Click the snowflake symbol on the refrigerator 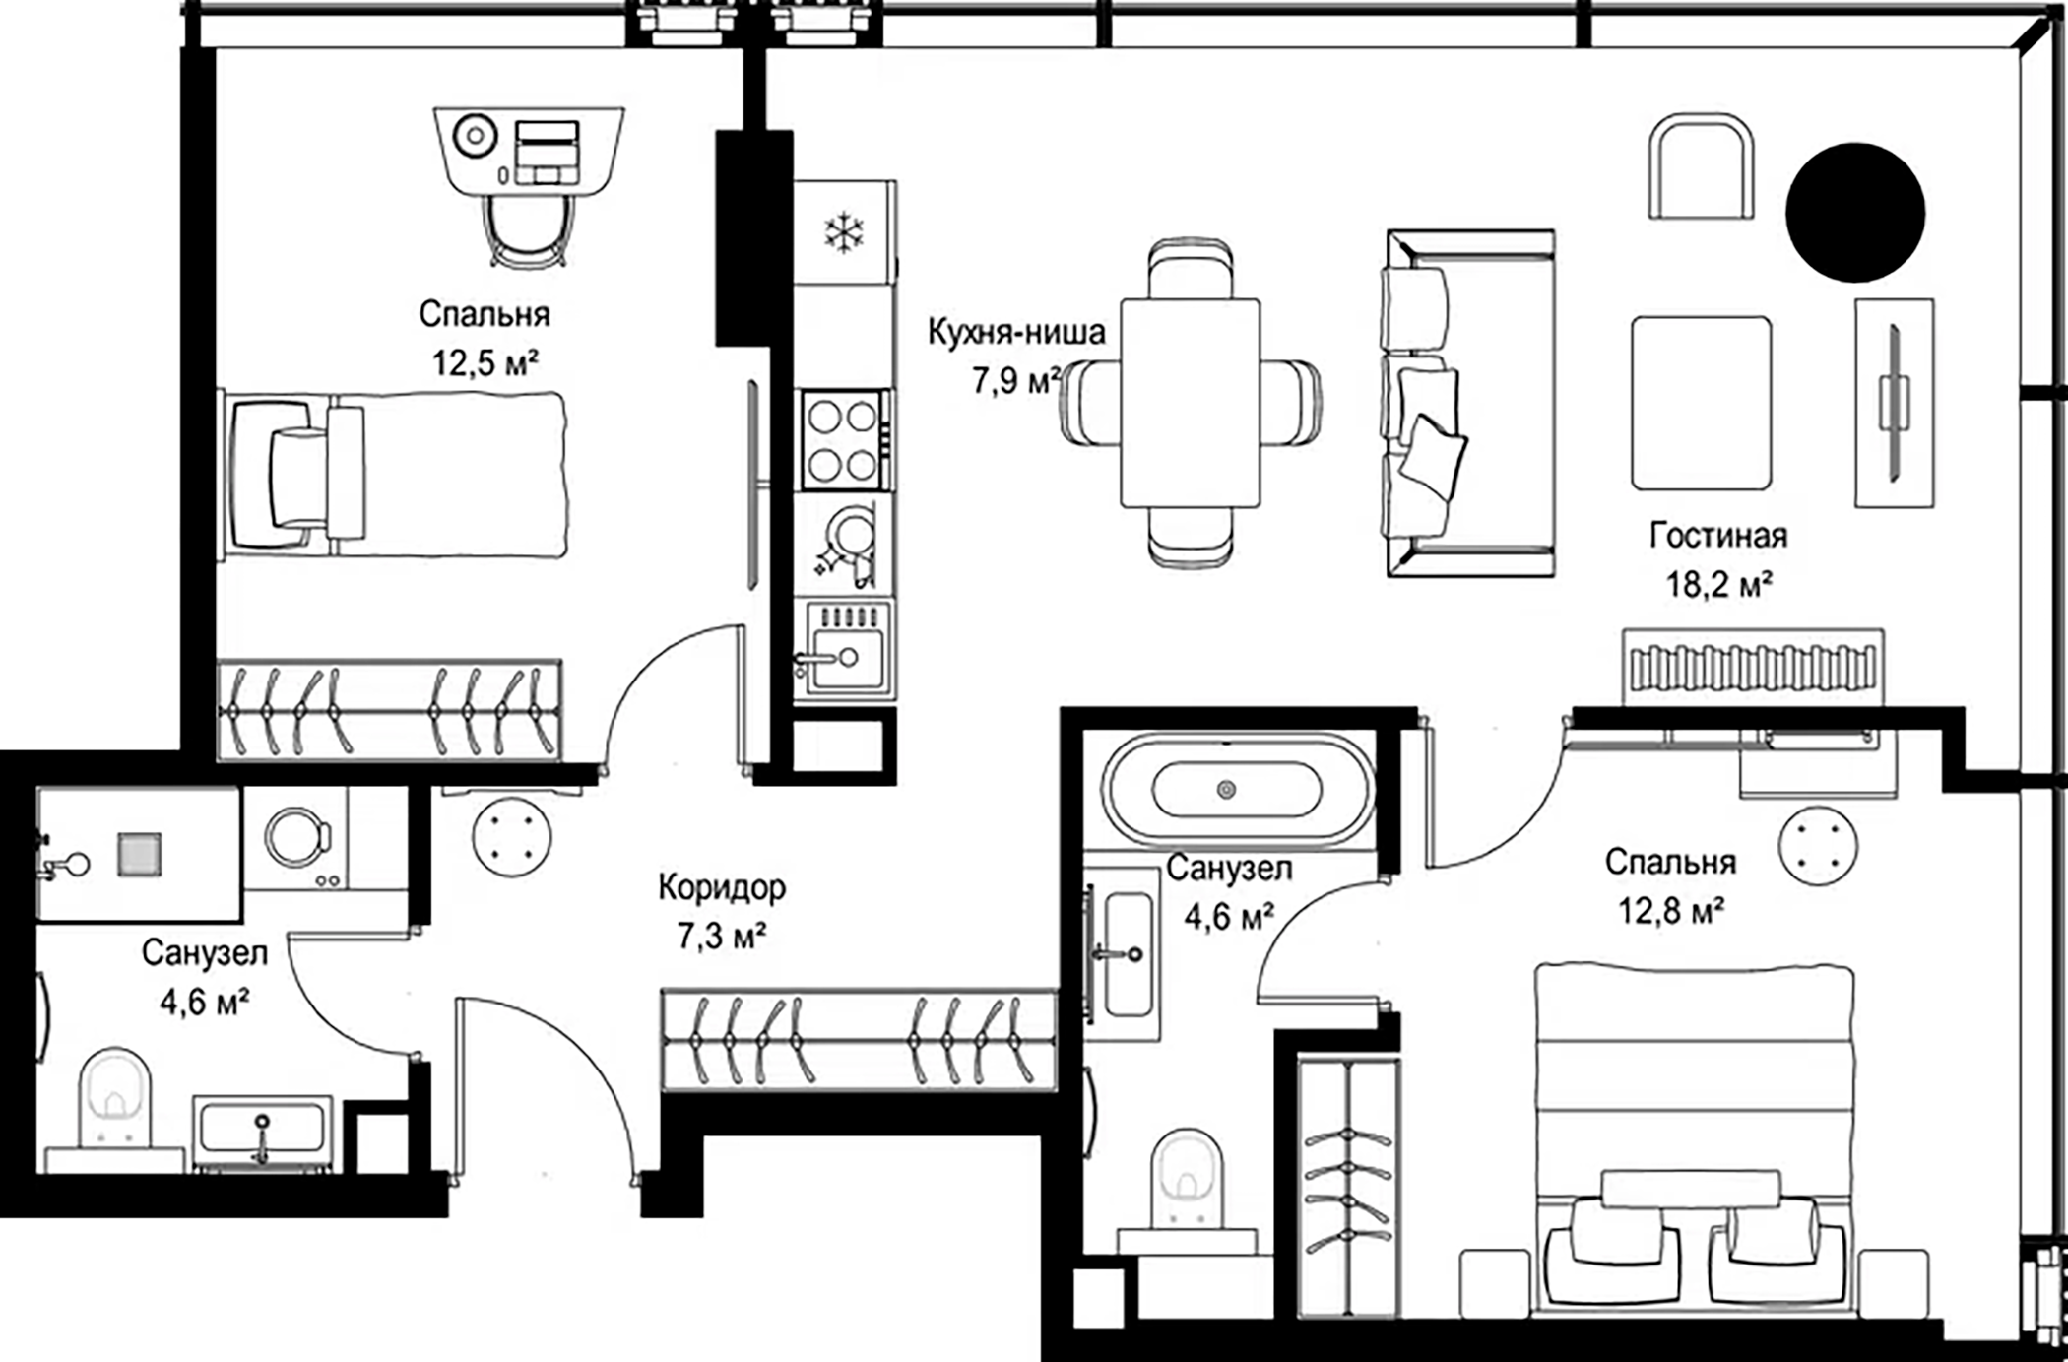(x=844, y=232)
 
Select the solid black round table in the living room (x=1855, y=213)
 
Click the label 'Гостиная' (x=1718, y=536)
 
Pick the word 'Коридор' (x=722, y=887)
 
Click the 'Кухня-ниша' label (x=1016, y=332)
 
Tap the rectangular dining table (x=1191, y=403)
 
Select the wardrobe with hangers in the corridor (x=859, y=1041)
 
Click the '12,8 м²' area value (x=1670, y=910)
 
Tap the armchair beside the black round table (x=1702, y=165)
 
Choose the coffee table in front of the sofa (x=1701, y=403)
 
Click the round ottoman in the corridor (x=511, y=837)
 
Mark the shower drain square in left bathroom (x=139, y=854)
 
